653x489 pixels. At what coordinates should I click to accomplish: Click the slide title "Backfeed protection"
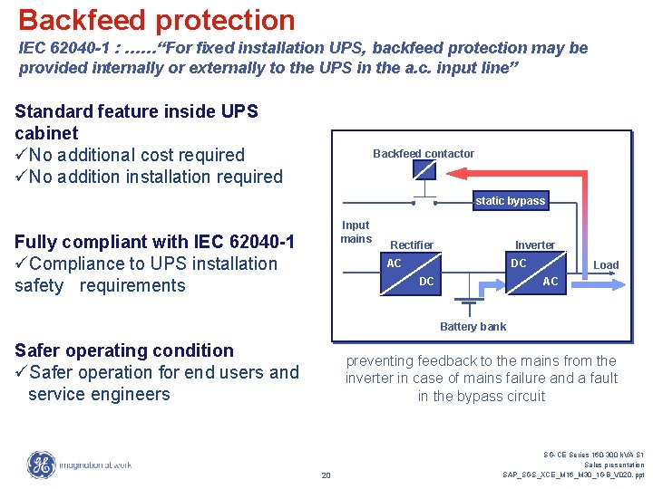point(156,20)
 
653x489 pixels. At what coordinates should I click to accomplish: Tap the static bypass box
point(510,201)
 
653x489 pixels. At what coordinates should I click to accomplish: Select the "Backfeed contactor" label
point(424,154)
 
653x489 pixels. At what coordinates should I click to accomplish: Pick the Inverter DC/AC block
point(535,273)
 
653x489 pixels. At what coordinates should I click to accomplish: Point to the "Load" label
point(606,265)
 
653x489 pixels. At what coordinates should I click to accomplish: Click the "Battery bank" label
point(473,327)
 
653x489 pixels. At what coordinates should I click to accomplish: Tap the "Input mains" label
point(356,232)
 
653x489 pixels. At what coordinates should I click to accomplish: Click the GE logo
point(41,465)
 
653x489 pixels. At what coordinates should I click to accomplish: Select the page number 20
point(326,475)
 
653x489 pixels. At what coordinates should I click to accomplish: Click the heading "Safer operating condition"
point(124,350)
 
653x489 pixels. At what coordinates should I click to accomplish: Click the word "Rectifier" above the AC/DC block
point(411,245)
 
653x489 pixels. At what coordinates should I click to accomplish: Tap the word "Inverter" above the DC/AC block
point(535,245)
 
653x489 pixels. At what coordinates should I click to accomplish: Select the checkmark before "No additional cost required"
point(21,155)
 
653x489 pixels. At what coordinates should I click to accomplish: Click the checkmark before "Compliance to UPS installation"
point(21,264)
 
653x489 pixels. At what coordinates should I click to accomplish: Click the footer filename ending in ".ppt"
point(573,475)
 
